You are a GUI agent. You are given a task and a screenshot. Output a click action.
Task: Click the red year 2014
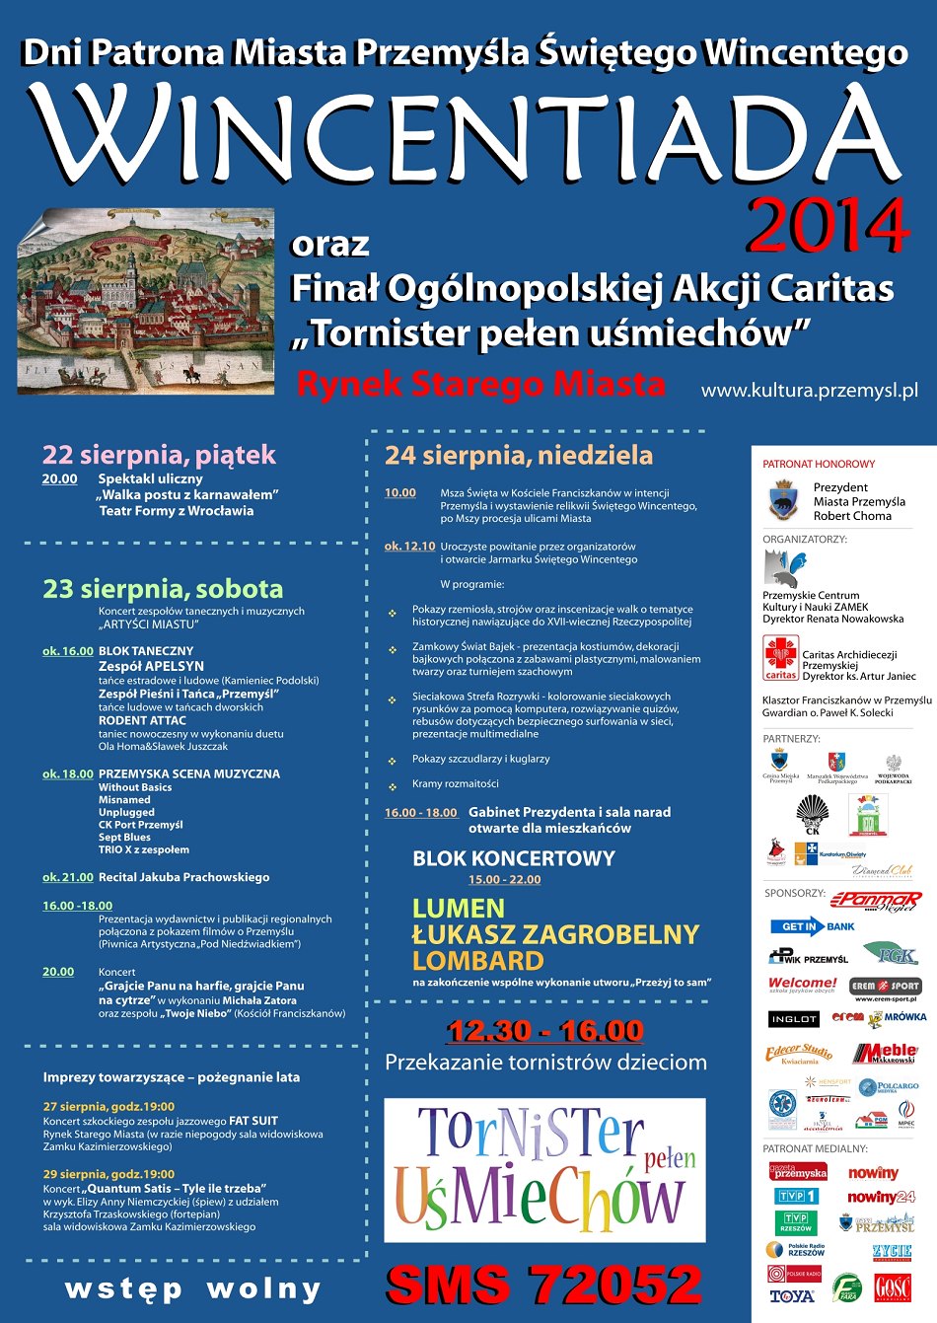pos(827,226)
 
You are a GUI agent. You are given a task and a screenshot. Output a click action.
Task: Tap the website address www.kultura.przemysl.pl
pos(809,391)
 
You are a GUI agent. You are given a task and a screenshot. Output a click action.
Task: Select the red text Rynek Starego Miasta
pos(480,384)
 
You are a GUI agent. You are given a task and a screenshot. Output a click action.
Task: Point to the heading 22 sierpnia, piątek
pos(159,455)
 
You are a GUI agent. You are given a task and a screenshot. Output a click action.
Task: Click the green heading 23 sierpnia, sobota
pos(163,589)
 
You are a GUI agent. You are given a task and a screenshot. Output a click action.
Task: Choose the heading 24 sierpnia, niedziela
pos(519,455)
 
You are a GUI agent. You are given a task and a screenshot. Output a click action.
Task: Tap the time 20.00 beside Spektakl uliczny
pos(59,479)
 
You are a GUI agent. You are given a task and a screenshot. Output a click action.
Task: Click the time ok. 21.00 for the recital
pos(68,877)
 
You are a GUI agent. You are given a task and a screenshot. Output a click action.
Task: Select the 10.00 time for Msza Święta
pos(400,493)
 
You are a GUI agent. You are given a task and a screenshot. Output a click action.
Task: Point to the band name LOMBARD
pos(478,961)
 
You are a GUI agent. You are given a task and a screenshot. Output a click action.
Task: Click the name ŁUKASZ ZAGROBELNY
pos(555,934)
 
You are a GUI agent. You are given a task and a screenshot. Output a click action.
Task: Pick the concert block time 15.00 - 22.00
pos(504,880)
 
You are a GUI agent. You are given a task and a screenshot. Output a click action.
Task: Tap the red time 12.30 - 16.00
pos(544,1031)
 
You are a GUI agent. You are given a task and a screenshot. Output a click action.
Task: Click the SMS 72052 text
pos(543,1286)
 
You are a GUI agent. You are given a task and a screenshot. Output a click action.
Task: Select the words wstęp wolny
pos(193,1289)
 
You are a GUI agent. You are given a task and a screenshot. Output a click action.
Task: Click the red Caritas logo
pos(780,658)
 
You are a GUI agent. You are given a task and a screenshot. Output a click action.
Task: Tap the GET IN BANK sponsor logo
pos(813,926)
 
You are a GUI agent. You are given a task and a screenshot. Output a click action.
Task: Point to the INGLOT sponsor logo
pos(793,1018)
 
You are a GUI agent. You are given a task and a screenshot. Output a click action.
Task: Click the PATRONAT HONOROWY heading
pos(819,464)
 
